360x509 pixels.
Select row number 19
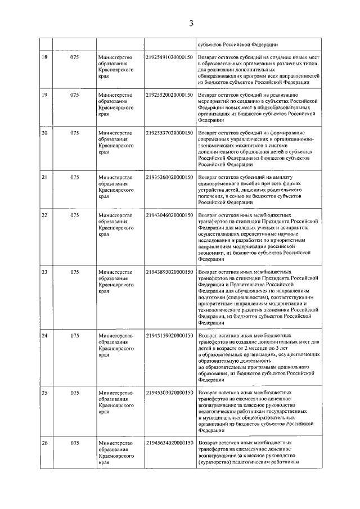[44, 94]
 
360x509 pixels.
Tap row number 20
[44, 133]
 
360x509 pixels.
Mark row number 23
[44, 272]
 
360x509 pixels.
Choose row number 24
[44, 336]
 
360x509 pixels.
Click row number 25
[44, 393]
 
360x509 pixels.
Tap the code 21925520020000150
[169, 94]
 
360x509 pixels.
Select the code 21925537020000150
[169, 133]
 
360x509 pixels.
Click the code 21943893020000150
[169, 272]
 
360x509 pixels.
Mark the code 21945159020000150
[169, 336]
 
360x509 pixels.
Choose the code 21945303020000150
[169, 393]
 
